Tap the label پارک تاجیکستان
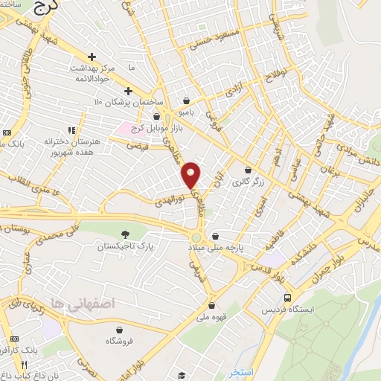[x=124, y=245]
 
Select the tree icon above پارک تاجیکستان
[x=124, y=234]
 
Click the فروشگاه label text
[x=119, y=340]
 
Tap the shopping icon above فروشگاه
[x=119, y=329]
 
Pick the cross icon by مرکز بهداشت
[x=92, y=57]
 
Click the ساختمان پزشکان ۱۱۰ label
[x=124, y=100]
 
